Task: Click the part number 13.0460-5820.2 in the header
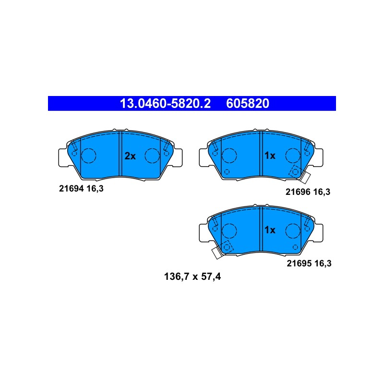click(165, 103)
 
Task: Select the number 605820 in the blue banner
click(248, 103)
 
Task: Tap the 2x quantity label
click(130, 156)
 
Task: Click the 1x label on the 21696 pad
click(270, 156)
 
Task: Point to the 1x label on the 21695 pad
click(270, 230)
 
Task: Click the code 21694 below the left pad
click(72, 189)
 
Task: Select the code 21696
click(298, 192)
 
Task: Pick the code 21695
click(299, 264)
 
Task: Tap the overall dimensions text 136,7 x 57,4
click(192, 277)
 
